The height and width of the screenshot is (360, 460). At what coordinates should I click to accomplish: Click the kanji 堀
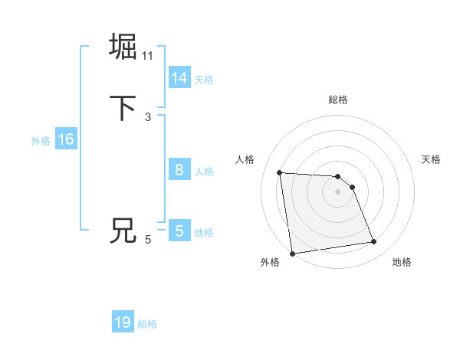tap(123, 47)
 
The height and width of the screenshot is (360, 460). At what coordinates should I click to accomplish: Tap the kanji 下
tap(123, 109)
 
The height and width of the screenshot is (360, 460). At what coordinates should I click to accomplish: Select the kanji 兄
tap(123, 231)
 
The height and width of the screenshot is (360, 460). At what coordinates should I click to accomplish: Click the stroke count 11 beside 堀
tap(148, 55)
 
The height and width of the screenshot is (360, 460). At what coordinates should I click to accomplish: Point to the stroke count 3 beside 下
tap(148, 117)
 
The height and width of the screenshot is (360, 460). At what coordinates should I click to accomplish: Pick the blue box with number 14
tap(179, 78)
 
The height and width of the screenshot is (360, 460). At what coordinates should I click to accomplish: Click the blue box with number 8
tap(179, 170)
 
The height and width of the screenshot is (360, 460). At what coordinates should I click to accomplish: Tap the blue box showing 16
tap(65, 139)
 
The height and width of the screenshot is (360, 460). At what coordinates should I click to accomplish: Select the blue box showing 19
tap(123, 322)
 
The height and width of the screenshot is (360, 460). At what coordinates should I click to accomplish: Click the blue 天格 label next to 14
tap(204, 79)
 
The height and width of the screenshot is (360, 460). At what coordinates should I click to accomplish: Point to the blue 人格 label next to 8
tap(204, 171)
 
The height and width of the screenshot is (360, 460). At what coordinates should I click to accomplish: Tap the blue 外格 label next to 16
tap(41, 140)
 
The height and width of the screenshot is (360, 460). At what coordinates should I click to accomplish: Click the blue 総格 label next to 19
tap(147, 324)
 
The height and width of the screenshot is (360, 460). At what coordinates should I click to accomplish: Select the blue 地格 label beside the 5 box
tap(204, 233)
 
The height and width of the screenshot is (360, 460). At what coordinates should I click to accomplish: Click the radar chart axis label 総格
tap(338, 100)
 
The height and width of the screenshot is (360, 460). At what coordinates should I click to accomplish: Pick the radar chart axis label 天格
tap(431, 159)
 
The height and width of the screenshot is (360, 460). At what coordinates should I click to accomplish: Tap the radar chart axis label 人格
tap(245, 159)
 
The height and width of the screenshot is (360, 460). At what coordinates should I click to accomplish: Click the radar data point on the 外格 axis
tap(292, 254)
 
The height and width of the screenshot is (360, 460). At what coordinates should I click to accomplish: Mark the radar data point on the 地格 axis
tap(374, 242)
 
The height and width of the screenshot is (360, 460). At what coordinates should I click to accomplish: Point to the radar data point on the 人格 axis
tap(280, 172)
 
